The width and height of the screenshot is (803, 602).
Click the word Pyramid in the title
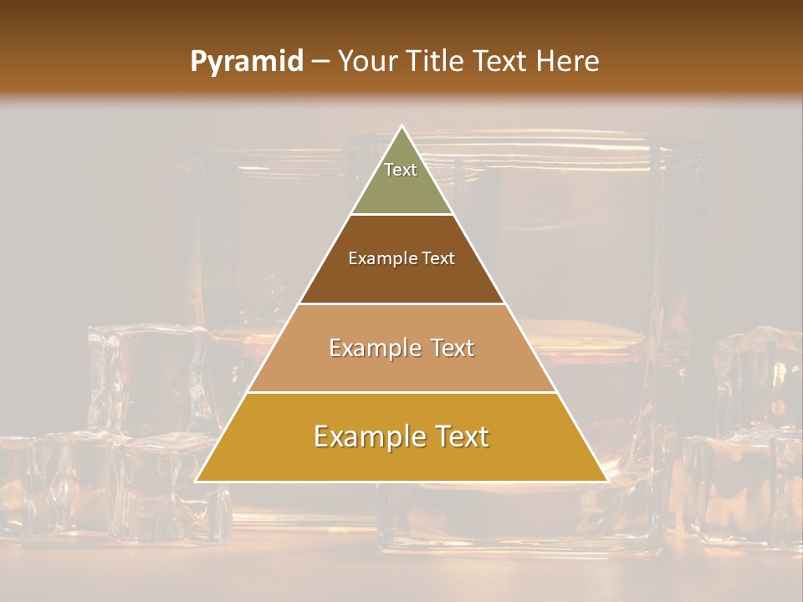(246, 62)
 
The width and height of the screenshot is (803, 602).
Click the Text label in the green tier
(401, 170)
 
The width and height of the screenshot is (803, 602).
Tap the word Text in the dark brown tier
(438, 259)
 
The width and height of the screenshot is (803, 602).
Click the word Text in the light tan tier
(453, 348)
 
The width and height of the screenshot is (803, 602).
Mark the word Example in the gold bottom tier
(366, 437)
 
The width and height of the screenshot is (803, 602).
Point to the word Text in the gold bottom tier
(461, 437)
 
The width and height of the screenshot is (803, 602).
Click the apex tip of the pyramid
(401, 127)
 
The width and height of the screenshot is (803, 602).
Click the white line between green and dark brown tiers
(401, 215)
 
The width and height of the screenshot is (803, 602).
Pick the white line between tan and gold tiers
(401, 392)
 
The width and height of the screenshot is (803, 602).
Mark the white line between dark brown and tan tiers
(401, 304)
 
